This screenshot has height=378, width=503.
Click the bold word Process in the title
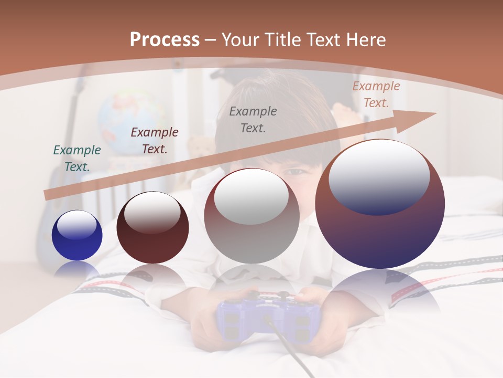point(165,40)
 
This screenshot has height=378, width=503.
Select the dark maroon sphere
point(152,228)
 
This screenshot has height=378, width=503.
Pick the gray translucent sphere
point(251,216)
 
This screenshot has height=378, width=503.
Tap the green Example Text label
point(77,158)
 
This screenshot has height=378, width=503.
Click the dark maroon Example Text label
point(155,140)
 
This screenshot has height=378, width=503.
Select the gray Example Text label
point(253,119)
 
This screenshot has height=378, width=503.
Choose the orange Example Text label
point(376,94)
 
